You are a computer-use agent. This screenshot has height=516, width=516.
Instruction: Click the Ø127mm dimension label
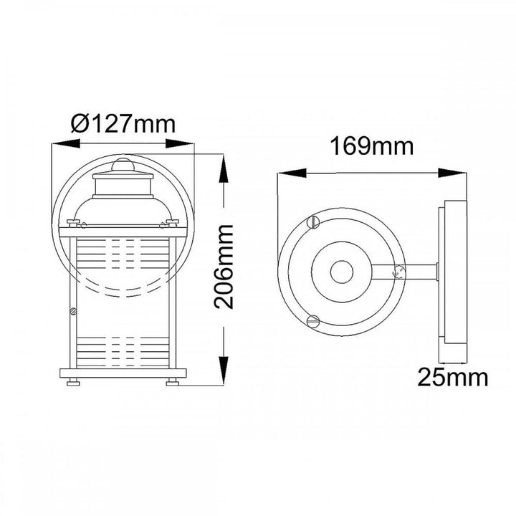(x=123, y=124)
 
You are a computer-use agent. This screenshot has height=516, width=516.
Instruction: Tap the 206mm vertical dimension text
(x=224, y=267)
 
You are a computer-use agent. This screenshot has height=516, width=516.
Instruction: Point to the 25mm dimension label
(x=452, y=378)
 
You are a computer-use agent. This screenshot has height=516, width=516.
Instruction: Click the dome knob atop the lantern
(x=123, y=165)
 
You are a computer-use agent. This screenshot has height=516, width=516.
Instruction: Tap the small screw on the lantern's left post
(x=73, y=311)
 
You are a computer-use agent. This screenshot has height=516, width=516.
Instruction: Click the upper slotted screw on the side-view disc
(x=313, y=221)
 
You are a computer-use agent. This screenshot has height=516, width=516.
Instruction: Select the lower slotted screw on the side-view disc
(x=312, y=320)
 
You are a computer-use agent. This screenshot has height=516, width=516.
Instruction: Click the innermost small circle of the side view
(x=342, y=272)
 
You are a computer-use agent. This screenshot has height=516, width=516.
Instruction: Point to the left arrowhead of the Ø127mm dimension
(x=66, y=143)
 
